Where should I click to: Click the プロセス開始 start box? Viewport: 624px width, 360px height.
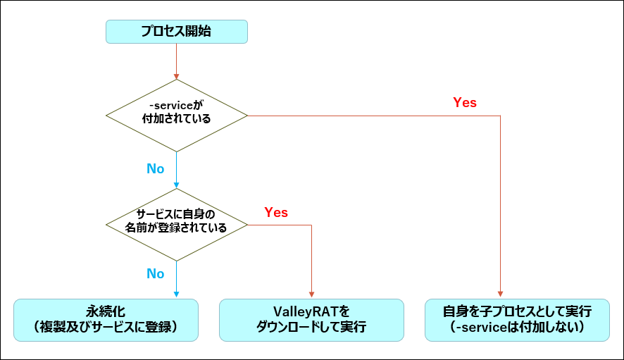pos(176,32)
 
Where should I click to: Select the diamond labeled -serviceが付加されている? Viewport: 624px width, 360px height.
pos(176,115)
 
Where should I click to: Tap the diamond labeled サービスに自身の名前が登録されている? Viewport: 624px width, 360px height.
pos(176,225)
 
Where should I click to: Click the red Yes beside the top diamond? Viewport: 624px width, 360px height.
pos(465,103)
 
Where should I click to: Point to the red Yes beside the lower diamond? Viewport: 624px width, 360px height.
pos(276,212)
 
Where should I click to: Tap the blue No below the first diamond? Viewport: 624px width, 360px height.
pos(155,169)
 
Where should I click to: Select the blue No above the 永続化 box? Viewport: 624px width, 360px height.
pos(155,273)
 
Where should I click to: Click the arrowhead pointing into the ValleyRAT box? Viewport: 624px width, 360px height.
pos(311,294)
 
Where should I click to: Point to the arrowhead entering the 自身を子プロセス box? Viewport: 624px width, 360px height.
pos(500,294)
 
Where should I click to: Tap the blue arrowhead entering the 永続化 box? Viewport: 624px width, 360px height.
pos(176,294)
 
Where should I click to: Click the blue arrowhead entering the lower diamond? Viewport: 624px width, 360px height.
pos(176,185)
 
